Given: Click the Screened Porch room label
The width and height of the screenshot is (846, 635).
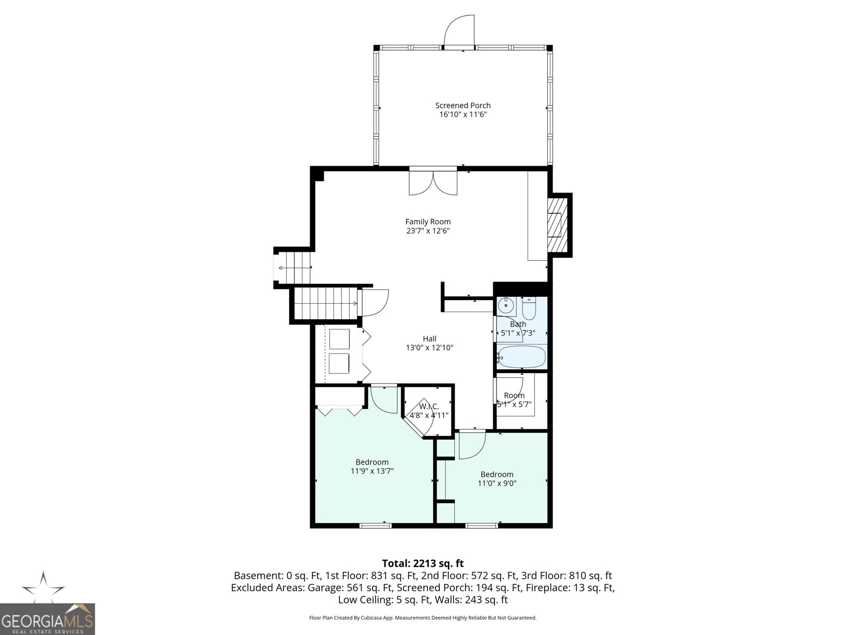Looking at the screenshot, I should tap(463, 105).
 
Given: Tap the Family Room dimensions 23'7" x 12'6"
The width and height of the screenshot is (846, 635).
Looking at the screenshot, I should tap(427, 231).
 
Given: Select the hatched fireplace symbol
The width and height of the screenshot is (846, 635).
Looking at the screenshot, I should tap(556, 225).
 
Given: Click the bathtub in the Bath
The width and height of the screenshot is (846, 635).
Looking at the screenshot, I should tap(522, 357).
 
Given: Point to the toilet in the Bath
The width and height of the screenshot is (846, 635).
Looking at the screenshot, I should tap(529, 306).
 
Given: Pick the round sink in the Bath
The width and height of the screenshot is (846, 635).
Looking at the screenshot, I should tap(506, 305).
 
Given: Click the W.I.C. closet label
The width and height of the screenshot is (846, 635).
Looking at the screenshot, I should tap(429, 406).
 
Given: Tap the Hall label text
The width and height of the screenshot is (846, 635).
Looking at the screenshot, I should tap(429, 339).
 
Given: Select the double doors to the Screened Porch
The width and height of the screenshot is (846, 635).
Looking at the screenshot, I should tap(433, 182).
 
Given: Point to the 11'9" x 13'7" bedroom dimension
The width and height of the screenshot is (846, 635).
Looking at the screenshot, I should tap(372, 471).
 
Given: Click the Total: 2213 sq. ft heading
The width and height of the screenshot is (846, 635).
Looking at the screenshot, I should tap(422, 563).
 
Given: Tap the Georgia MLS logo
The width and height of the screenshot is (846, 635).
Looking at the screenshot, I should tap(47, 619).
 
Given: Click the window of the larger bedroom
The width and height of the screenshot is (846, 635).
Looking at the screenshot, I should tap(375, 525).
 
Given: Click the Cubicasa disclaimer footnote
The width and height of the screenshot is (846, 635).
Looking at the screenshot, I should tap(422, 618).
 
